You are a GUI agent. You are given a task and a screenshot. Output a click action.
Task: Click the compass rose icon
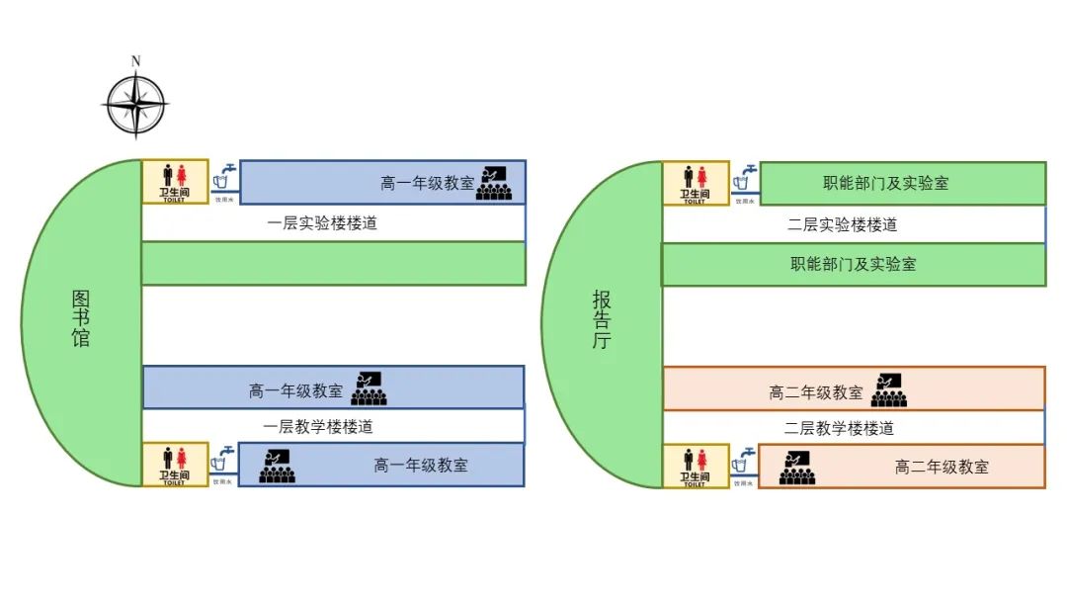click(135, 104)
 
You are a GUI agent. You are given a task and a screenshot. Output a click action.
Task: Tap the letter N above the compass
click(136, 61)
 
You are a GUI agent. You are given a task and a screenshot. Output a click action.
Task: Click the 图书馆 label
click(81, 318)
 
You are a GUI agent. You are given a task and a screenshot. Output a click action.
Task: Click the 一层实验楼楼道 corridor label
click(322, 223)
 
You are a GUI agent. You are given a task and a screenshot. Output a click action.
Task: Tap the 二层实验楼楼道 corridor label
click(842, 224)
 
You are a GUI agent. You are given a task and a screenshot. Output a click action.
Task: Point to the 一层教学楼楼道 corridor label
click(318, 427)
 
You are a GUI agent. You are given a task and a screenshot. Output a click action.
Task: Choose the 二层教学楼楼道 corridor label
click(839, 428)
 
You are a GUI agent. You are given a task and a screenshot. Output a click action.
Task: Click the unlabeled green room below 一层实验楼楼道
click(333, 264)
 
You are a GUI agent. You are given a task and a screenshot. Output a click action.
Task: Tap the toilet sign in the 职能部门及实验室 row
click(696, 183)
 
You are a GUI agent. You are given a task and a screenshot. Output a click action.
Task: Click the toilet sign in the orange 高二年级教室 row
click(695, 466)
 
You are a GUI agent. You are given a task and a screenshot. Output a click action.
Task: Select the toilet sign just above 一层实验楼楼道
click(175, 182)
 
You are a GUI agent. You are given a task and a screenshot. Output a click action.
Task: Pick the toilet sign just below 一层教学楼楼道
click(175, 466)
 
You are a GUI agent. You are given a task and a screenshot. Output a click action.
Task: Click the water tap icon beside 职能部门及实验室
click(745, 179)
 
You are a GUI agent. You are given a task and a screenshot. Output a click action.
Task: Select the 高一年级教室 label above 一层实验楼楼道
click(427, 183)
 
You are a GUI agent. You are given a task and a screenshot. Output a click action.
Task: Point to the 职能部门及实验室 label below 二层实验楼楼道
click(853, 264)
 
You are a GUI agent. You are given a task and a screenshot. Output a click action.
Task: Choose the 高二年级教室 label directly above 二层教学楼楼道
click(815, 392)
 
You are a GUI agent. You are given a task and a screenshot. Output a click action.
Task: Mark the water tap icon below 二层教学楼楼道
click(744, 463)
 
